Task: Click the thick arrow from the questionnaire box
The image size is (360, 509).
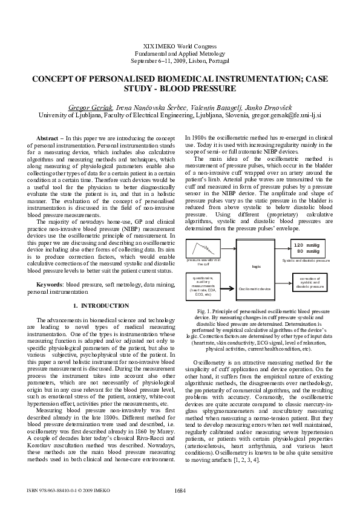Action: [x=229, y=284]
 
